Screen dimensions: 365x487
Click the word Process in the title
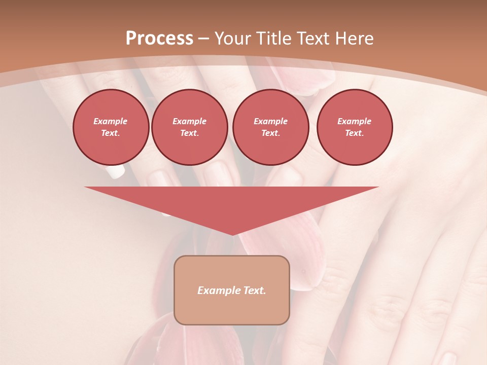click(x=159, y=39)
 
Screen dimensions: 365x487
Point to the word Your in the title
click(x=233, y=39)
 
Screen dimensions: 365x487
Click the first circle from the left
click(x=111, y=127)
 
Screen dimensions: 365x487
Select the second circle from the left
click(x=189, y=127)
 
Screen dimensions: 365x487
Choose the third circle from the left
click(x=270, y=127)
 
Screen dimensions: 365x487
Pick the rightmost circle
click(x=355, y=127)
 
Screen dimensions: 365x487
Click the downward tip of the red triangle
click(x=232, y=234)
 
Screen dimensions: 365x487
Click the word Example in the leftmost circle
click(x=111, y=121)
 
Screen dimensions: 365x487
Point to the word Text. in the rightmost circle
click(x=355, y=133)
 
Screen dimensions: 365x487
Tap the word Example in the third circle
click(x=270, y=121)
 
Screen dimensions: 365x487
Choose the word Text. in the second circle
click(x=189, y=133)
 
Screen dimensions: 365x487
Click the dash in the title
click(x=203, y=39)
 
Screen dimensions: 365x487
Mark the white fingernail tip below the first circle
click(x=116, y=172)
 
